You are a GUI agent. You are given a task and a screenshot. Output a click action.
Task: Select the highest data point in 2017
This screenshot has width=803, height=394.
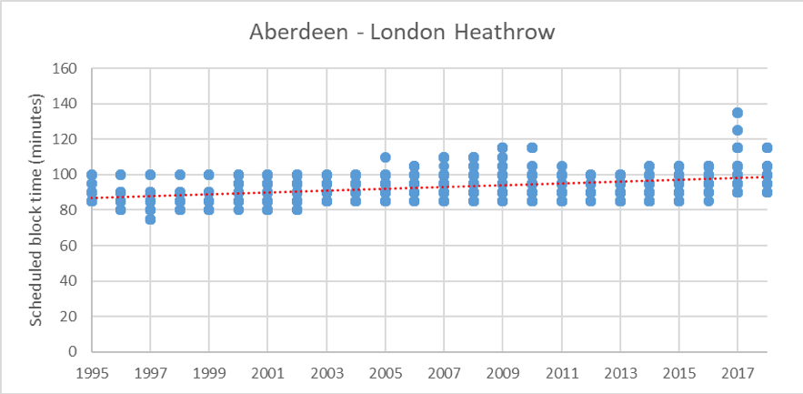738,113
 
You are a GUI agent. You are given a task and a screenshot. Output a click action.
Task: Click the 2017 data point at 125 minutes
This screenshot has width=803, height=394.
738,130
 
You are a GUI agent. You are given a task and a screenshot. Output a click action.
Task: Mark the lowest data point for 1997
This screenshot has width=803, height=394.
151,219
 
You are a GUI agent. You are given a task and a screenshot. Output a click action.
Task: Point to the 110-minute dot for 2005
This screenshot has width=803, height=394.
386,157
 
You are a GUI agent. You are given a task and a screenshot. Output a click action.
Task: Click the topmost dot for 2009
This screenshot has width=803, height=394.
503,147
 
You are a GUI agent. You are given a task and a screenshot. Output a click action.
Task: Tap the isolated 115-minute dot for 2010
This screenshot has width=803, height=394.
532,147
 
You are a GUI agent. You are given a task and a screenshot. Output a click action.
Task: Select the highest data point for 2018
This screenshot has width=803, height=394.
767,147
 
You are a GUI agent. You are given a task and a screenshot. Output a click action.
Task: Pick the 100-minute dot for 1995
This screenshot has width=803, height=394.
92,175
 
